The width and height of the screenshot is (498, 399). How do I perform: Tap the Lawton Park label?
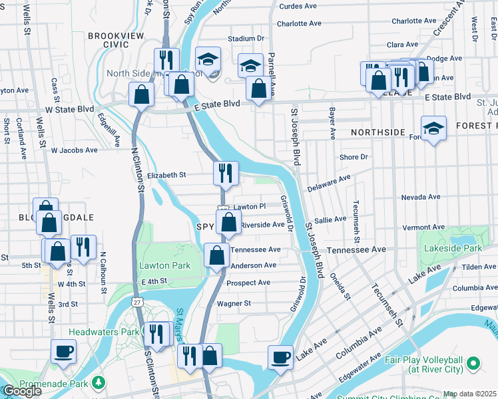[164, 265]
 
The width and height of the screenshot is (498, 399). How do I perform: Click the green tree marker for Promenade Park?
[99, 382]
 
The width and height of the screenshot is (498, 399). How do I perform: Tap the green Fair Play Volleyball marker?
[473, 364]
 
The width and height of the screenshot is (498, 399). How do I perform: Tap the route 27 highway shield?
[136, 302]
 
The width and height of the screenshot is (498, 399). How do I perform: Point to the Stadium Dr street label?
[246, 39]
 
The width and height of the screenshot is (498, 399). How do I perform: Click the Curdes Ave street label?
[297, 6]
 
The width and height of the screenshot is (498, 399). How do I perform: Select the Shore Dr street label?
[354, 157]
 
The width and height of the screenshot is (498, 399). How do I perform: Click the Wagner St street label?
[233, 303]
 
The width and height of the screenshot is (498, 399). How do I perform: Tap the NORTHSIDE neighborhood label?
[378, 132]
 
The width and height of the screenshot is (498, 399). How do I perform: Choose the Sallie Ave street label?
[330, 219]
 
